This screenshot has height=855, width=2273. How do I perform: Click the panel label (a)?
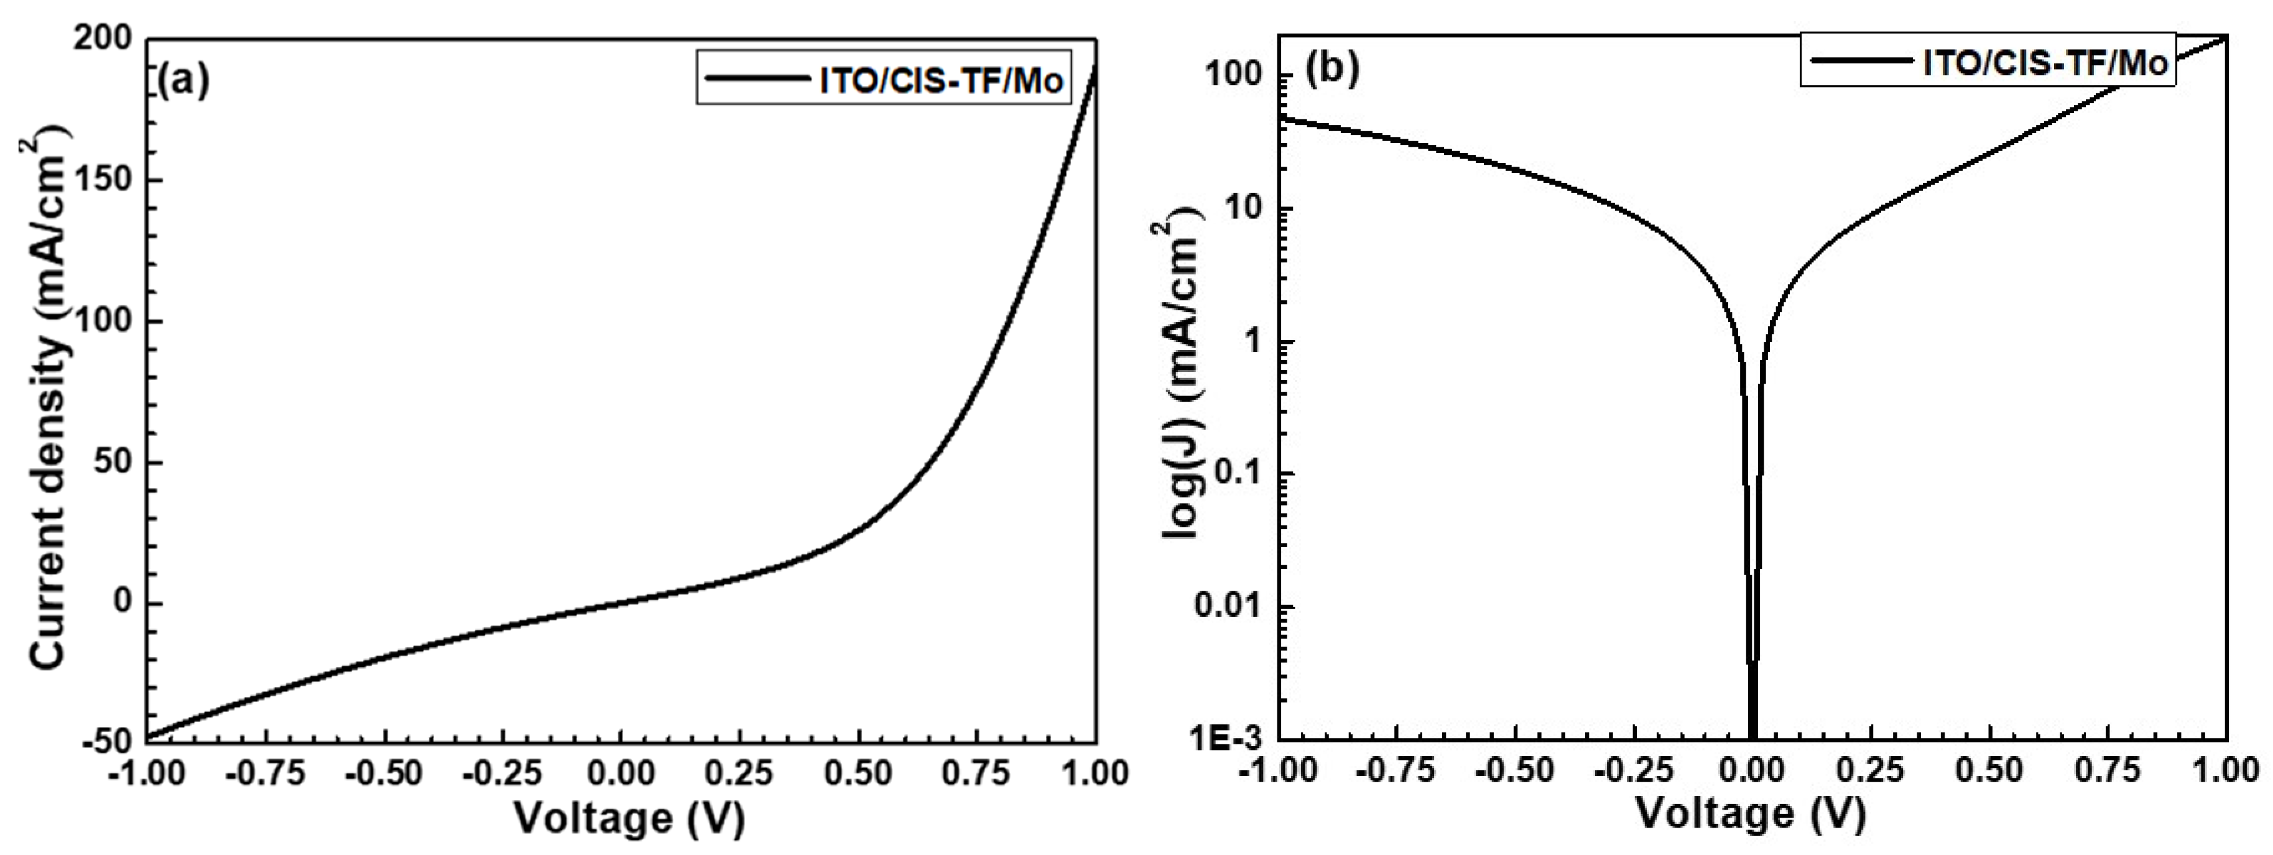pos(183,81)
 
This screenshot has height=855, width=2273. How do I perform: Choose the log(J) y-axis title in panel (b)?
pos(1182,379)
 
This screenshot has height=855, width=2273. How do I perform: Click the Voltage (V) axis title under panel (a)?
pos(629,817)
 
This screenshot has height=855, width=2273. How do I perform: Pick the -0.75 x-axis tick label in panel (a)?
pos(266,774)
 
